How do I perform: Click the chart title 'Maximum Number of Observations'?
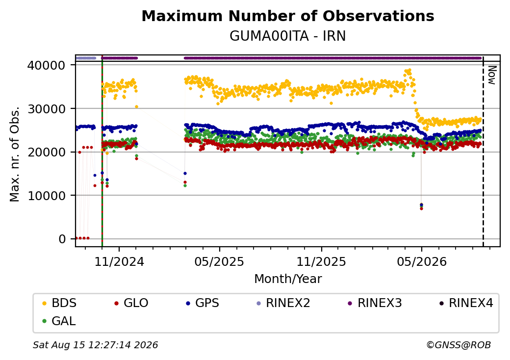coord(288,16)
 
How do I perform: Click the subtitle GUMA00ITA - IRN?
coord(288,36)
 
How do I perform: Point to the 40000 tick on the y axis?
coord(46,65)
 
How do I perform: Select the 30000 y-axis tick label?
coord(46,109)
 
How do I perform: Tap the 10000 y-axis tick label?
coord(46,196)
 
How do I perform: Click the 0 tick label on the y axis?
coord(62,239)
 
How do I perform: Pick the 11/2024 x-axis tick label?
coord(119,261)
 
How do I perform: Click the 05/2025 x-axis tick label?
coord(219,261)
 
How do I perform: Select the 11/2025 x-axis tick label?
coord(321,261)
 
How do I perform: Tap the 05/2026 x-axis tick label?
coord(422,261)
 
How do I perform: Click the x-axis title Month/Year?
coord(288,279)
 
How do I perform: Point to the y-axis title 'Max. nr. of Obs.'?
coord(15,154)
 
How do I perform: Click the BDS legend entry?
coord(59,303)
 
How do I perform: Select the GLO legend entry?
coord(131,303)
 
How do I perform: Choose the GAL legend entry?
coord(59,321)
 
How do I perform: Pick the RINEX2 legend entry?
coord(283,303)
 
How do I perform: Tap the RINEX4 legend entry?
coord(466,303)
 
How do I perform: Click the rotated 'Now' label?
coord(492,75)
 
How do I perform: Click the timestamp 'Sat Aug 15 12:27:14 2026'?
coord(95,345)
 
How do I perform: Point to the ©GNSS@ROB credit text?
coord(459,345)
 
